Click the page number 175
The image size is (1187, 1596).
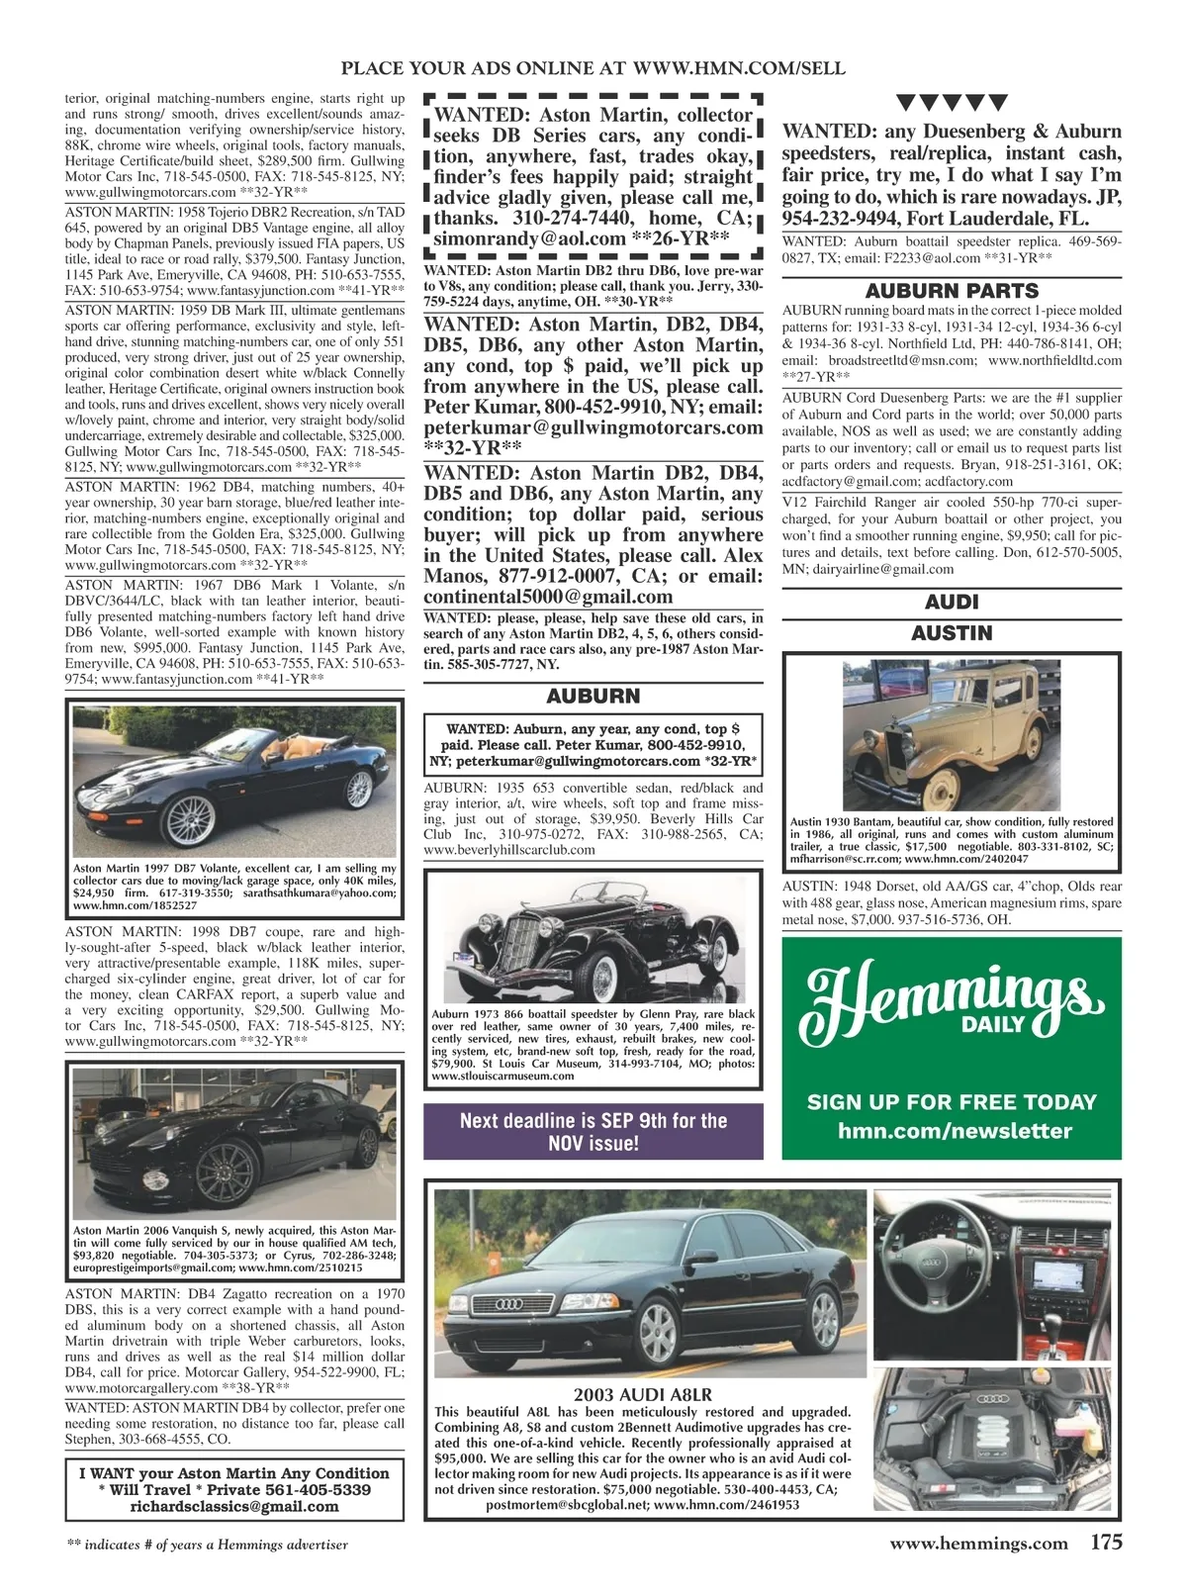(x=1107, y=1543)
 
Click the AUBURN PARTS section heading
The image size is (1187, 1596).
(x=952, y=291)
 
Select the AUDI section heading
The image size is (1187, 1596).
(x=952, y=602)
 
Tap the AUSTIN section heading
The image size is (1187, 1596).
(x=952, y=632)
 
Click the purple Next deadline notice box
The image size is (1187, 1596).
(x=593, y=1132)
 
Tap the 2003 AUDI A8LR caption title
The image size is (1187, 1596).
(x=642, y=1395)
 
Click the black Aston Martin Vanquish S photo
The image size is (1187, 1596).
(x=234, y=1143)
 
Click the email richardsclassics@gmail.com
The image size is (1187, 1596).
(x=234, y=1506)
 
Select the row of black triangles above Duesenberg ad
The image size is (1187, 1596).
(x=952, y=101)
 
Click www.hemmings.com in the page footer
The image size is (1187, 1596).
(x=979, y=1544)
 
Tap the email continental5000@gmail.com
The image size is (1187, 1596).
(x=548, y=597)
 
